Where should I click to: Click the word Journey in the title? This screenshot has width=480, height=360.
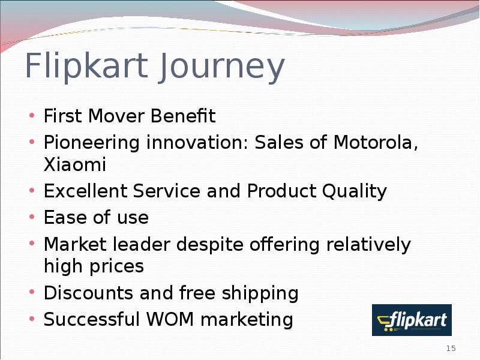click(x=221, y=67)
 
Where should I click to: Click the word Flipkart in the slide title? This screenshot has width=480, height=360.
click(x=86, y=67)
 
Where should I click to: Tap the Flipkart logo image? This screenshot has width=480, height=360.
click(x=412, y=320)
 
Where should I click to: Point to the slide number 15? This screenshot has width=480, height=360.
click(x=451, y=349)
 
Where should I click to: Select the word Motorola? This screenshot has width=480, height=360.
click(x=376, y=143)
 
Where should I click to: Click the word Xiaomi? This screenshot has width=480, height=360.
click(x=75, y=164)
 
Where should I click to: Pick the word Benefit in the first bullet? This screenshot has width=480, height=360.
click(x=183, y=116)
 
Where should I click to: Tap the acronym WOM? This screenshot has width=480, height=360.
click(x=170, y=319)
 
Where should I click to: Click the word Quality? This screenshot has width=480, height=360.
click(x=355, y=191)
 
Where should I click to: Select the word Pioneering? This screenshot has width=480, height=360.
click(x=92, y=143)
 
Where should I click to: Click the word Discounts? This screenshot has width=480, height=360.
click(x=88, y=293)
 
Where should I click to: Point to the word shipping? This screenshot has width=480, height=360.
click(x=260, y=293)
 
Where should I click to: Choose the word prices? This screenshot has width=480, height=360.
click(x=116, y=266)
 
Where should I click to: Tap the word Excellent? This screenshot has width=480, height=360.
click(x=85, y=191)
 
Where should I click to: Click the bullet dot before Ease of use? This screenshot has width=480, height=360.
click(x=32, y=217)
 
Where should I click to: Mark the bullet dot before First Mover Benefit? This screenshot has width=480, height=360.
click(x=32, y=115)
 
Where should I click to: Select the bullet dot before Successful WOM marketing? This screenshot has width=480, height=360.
click(x=32, y=319)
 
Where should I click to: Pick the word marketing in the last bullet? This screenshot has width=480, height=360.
click(x=247, y=320)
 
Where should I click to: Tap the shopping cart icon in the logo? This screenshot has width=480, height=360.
click(x=385, y=323)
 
